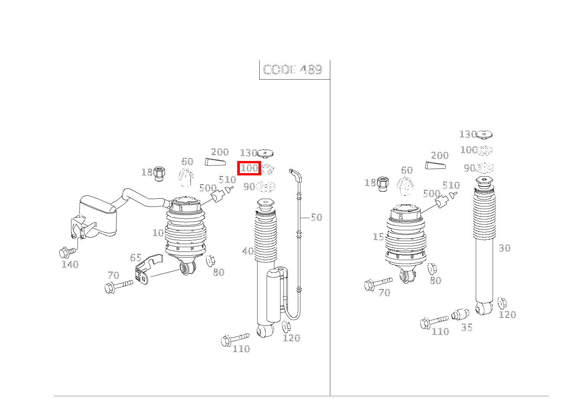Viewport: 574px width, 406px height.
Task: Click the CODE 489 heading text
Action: point(293,70)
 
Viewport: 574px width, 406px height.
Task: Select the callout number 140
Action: point(70,264)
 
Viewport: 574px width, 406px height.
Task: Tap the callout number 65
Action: point(136,258)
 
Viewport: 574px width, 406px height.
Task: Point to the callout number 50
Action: point(316,217)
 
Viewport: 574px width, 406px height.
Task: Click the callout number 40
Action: point(248,251)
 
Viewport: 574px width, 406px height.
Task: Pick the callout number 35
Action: point(467,327)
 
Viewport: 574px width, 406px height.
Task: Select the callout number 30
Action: point(504,248)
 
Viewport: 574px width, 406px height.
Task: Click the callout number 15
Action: point(378,237)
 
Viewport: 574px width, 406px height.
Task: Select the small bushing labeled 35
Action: point(460,314)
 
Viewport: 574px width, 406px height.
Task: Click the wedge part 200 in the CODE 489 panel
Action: point(215,162)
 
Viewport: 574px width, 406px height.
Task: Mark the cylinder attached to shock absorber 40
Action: point(274,294)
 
